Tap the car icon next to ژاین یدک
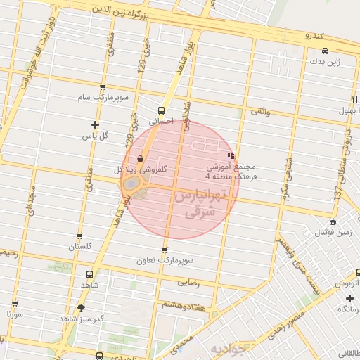[x=325, y=51]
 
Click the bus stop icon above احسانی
[x=162, y=110]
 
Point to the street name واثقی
[x=260, y=112]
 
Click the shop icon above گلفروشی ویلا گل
[x=141, y=159]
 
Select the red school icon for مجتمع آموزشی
[x=230, y=155]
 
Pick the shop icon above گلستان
[x=79, y=237]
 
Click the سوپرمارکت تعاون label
[x=165, y=260]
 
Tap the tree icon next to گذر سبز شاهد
[x=82, y=308]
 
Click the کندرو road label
[x=313, y=34]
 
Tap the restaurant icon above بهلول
[x=354, y=98]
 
